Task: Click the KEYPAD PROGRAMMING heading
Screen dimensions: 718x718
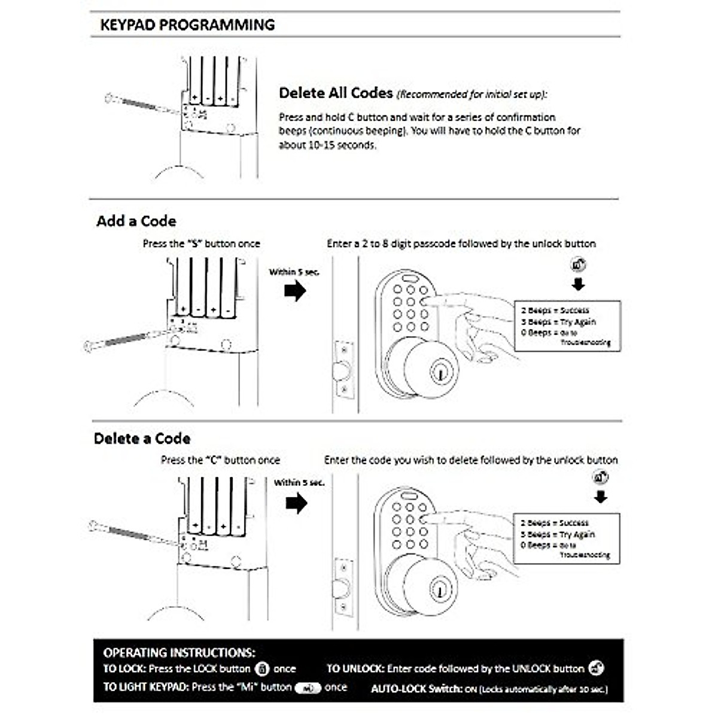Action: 187,25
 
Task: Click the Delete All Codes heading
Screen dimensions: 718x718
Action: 336,93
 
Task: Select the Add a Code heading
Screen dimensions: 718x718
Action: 136,221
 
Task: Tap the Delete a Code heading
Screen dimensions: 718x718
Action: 142,439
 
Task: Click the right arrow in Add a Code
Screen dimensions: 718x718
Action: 295,291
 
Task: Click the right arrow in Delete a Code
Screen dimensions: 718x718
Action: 296,503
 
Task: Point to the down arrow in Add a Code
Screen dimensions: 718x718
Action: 578,284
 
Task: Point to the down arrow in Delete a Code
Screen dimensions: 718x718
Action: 601,497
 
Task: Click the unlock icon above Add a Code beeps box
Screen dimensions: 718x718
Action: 578,264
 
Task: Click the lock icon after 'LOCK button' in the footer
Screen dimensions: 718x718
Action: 262,669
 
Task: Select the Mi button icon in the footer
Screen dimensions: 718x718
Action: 308,688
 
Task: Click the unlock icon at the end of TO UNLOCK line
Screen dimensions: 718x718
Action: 596,668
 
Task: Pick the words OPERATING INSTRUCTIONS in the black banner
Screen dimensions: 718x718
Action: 179,653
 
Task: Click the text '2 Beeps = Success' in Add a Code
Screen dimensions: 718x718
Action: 555,311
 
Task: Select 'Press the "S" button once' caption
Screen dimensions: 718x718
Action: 201,244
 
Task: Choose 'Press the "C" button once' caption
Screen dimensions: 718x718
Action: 220,460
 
